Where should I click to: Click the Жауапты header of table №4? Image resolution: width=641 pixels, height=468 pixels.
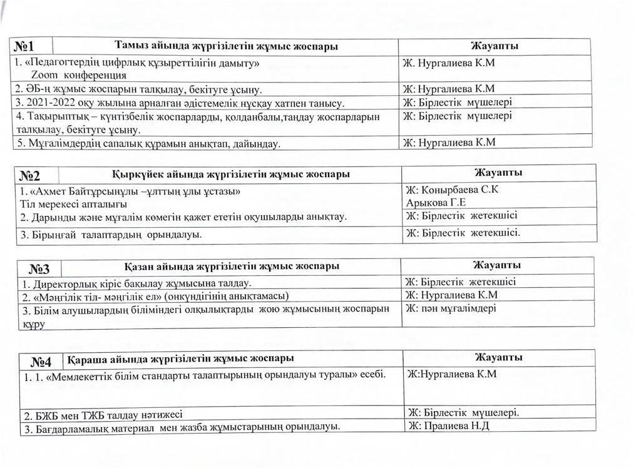pos(498,357)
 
